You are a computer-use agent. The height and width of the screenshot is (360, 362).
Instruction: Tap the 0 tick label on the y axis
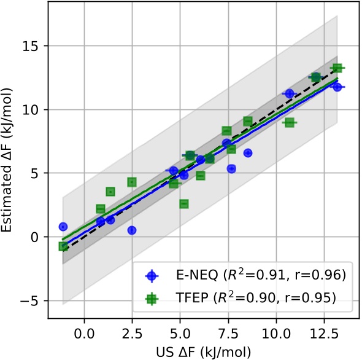[38, 237]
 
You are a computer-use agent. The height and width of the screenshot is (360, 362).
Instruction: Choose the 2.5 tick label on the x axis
[132, 332]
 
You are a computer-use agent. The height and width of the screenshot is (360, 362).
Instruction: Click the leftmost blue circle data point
[63, 227]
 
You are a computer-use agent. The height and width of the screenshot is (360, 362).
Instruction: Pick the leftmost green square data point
[63, 246]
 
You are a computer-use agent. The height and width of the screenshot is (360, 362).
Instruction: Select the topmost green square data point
[337, 68]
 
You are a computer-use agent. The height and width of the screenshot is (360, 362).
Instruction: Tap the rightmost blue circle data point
[337, 87]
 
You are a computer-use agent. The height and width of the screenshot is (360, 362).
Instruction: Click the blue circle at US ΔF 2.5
[132, 230]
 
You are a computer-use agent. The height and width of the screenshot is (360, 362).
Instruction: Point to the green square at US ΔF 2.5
[132, 182]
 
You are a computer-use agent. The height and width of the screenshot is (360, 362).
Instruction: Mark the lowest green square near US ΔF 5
[184, 204]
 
